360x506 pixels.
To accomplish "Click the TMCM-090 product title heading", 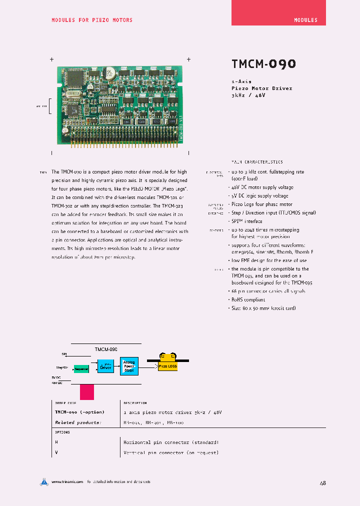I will point(263,64).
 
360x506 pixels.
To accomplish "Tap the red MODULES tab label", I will point(305,20).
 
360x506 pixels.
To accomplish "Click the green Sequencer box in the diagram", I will point(81,369).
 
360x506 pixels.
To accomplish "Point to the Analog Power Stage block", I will point(129,366).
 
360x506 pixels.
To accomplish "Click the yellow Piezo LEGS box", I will point(167,366).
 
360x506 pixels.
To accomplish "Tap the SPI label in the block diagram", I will point(63,353).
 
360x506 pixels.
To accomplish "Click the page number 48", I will point(322,483).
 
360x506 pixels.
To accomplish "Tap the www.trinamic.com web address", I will point(66,482).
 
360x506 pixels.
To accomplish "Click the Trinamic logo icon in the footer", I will point(44,482).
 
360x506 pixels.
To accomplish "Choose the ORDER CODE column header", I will point(65,402).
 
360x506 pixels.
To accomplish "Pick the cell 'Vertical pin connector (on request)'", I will point(170,452).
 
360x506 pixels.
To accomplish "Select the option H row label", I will point(56,442).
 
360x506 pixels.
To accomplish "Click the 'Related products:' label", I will point(77,422).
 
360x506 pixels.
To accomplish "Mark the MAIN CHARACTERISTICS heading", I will point(256,162).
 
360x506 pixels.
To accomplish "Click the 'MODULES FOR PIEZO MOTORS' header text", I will point(92,20).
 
